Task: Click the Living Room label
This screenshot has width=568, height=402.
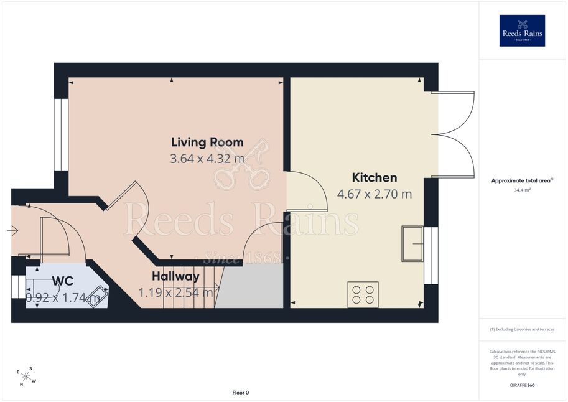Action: pos(207,142)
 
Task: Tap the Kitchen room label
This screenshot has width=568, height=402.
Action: pos(375,177)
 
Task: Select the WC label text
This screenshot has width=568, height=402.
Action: pos(63,281)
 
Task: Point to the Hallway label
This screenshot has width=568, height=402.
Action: pos(175,276)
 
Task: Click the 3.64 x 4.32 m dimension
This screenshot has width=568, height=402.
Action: pos(207,159)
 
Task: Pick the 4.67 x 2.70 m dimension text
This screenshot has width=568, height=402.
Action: pos(375,194)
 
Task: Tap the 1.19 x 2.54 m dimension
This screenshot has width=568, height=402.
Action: pos(176,292)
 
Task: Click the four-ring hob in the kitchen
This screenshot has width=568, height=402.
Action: pos(363,295)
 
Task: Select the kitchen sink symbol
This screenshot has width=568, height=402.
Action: pos(412,243)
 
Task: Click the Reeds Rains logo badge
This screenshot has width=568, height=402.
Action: pos(522,30)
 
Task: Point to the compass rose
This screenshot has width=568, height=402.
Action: pos(26,376)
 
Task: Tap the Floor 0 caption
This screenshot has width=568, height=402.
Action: pos(241,393)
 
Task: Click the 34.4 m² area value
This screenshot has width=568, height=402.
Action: pos(522,190)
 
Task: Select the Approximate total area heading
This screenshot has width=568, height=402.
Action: pos(522,180)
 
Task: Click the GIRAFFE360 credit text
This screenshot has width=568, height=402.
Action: pos(522,385)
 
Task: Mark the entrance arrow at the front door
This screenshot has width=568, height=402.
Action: pos(12,230)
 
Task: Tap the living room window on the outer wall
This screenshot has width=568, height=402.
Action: pos(61,134)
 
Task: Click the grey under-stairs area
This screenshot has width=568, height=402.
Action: pos(249,286)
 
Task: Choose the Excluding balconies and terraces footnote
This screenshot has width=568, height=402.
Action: pos(522,329)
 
